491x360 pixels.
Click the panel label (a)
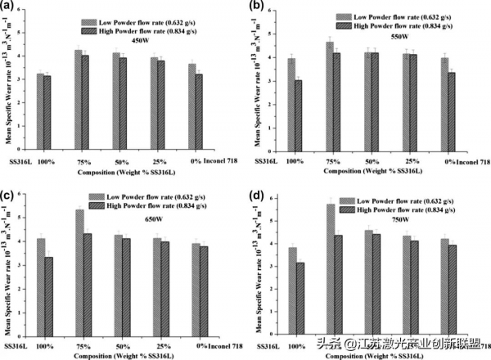(x=8, y=7)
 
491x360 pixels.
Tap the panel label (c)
(x=7, y=194)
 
